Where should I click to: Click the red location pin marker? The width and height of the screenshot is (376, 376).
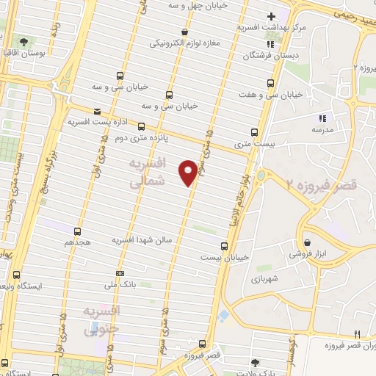click(188, 171)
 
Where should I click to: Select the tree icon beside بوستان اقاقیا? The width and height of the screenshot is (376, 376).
click(23, 42)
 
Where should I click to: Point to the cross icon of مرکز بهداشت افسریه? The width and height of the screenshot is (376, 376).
click(271, 16)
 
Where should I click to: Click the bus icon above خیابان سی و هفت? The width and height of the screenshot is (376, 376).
click(271, 83)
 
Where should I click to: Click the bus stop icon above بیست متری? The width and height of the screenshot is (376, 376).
click(254, 132)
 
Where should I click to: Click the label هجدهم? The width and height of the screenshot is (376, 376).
click(76, 241)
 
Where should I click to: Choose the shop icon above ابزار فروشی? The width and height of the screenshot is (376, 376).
click(306, 243)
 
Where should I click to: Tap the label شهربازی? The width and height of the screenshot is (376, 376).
click(262, 279)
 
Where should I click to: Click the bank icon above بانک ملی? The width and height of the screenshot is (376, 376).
click(119, 273)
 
